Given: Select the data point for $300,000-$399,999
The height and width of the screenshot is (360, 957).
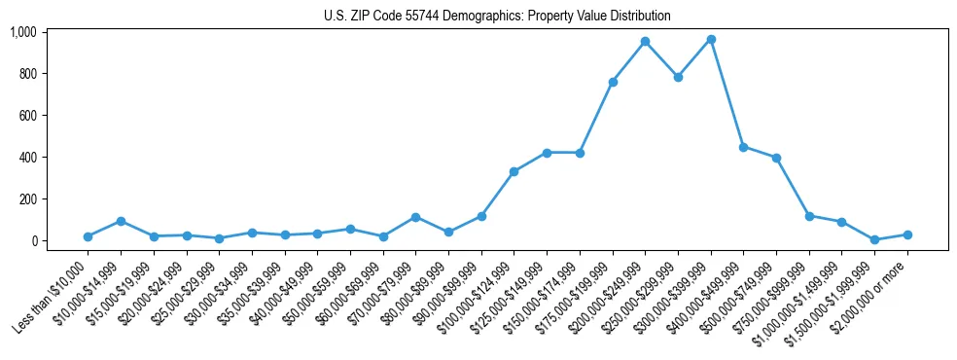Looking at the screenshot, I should coord(711,39).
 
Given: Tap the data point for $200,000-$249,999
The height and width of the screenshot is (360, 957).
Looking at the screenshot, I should coord(645,42).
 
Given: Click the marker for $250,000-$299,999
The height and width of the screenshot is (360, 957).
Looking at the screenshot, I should coord(678,77).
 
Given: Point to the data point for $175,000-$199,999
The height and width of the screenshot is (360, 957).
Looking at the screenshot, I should coord(613,82).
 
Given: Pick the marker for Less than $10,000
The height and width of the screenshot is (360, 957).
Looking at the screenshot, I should coord(88,236).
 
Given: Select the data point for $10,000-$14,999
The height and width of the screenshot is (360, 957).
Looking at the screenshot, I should coord(121,221).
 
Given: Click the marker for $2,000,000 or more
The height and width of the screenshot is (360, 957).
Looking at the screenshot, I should coord(907,234).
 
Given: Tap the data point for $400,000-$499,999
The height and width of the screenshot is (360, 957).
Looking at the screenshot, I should coord(743,147).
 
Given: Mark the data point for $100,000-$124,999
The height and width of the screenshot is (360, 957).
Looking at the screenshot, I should coord(514,171).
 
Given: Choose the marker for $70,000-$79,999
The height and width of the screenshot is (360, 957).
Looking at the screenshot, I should coord(415,217).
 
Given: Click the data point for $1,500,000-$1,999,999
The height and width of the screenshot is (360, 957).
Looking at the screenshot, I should coord(874,239).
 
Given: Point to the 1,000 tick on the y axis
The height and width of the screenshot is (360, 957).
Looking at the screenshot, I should coord(23,32).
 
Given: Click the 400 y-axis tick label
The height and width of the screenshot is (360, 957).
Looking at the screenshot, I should coord(28,158).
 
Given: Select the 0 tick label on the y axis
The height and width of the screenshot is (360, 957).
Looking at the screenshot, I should coord(34,241).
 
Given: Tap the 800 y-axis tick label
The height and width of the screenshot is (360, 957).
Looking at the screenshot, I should coord(28,74).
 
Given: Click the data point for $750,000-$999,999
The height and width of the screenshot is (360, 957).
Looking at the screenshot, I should coord(809,216).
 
